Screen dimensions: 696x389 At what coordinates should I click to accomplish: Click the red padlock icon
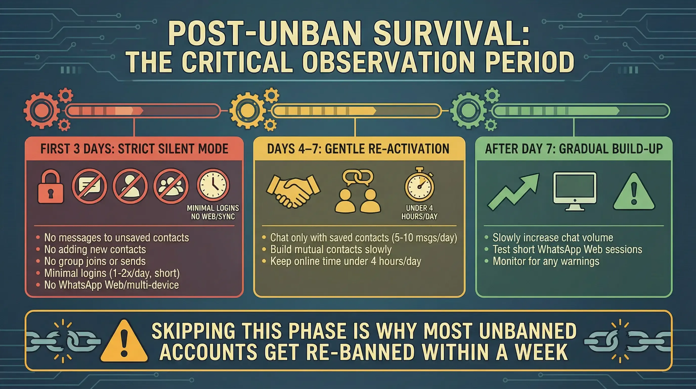click(51, 186)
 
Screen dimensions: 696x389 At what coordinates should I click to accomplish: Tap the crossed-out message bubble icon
click(90, 186)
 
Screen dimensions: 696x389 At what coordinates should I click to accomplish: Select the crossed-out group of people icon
click(170, 186)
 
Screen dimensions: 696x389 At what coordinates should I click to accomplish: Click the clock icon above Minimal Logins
click(213, 185)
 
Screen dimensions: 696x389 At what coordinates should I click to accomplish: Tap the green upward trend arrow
click(513, 192)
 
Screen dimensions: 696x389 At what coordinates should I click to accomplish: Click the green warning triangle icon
click(634, 191)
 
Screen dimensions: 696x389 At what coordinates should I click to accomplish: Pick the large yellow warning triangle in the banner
click(124, 341)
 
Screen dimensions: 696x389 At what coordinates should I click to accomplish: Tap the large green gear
click(468, 110)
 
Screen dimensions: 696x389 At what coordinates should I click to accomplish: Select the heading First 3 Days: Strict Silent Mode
click(134, 149)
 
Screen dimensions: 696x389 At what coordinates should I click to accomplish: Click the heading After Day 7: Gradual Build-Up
click(574, 149)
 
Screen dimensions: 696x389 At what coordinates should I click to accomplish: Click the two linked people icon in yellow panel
click(358, 191)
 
